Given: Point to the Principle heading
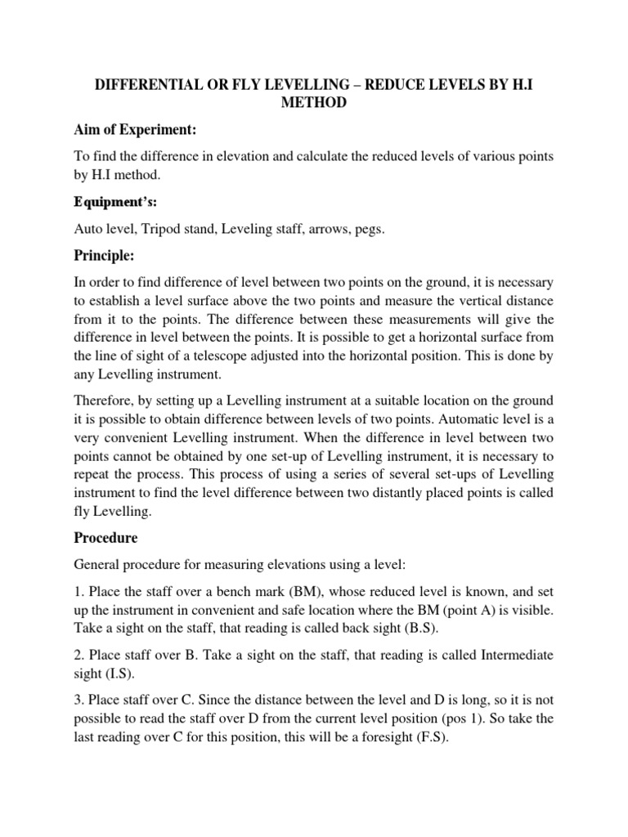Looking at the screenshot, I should [104, 256].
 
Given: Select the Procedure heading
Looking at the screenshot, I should [105, 539].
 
